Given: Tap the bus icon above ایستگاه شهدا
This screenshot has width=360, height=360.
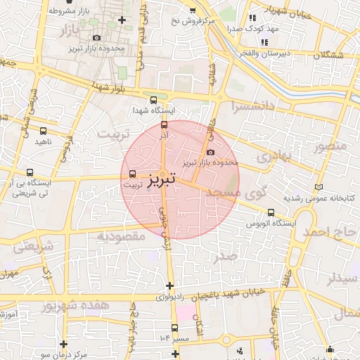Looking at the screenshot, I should click(154, 99).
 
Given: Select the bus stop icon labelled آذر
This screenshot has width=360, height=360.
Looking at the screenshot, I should click(164, 125).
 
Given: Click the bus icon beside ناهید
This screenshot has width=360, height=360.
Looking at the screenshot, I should click(44, 131).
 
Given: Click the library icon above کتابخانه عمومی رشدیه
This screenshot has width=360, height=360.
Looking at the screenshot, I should click(319, 187).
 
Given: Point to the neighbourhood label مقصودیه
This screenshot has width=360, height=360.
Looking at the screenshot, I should click(122, 236).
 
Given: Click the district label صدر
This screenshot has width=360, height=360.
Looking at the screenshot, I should click(226, 257).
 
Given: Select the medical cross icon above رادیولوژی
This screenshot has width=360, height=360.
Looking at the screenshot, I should click(169, 285).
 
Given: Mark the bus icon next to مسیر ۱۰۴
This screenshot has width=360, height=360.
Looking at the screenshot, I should click(174, 328).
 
